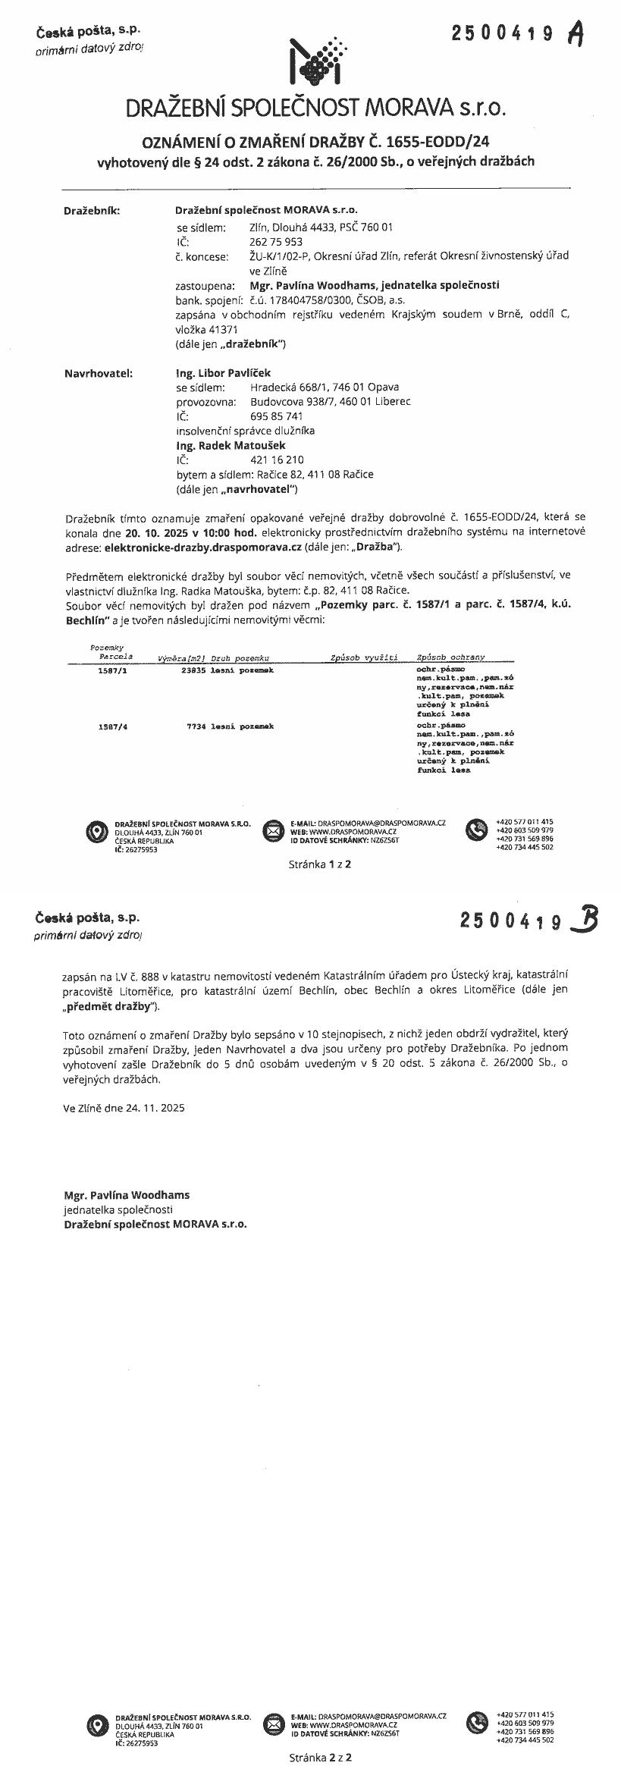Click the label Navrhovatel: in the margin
(98, 372)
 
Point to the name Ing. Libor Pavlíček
(223, 372)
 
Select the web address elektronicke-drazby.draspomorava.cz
(202, 546)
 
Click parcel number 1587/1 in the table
(112, 670)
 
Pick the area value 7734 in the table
(196, 726)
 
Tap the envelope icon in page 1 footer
(272, 830)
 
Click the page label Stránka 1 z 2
(319, 864)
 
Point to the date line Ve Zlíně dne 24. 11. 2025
(124, 1107)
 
